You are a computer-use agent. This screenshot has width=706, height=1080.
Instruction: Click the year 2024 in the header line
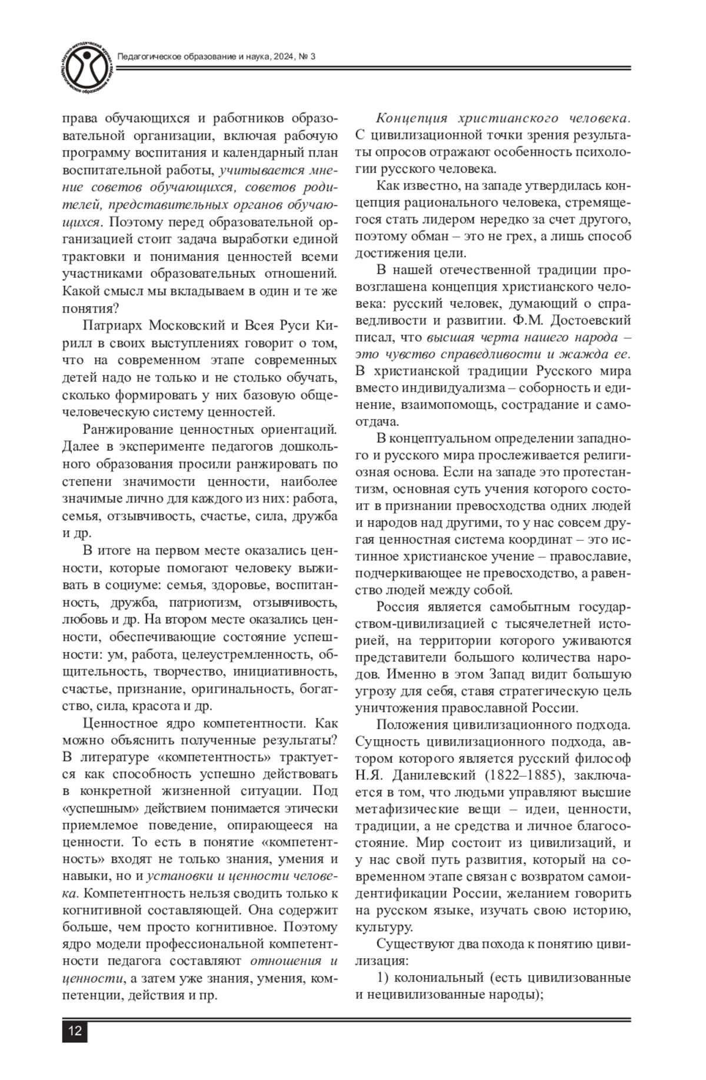click(278, 57)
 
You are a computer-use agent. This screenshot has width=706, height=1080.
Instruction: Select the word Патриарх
click(113, 326)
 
